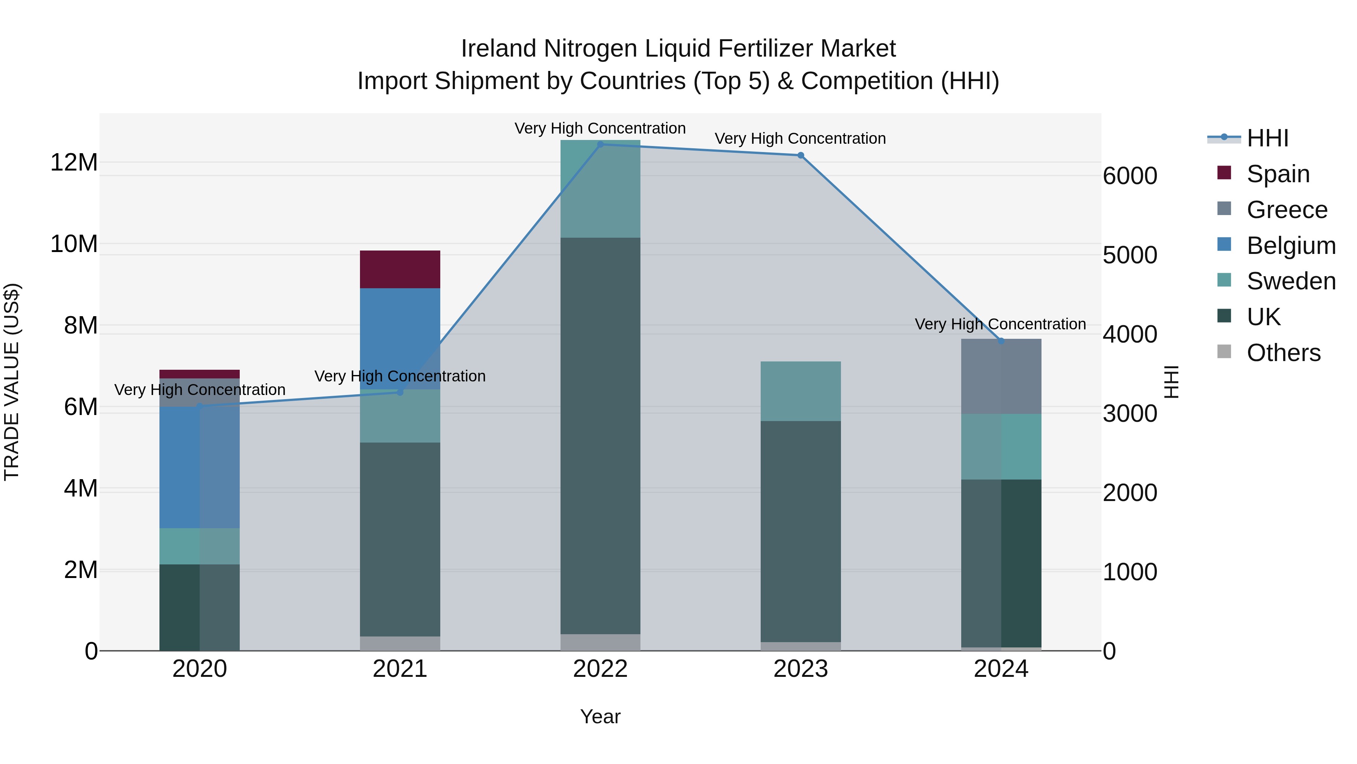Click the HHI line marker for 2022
coord(600,144)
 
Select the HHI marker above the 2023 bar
coord(800,155)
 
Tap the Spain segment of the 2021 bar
coord(400,269)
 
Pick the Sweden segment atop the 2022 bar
coord(600,189)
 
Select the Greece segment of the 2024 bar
coord(1001,377)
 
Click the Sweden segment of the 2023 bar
coord(800,391)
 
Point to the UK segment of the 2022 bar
coord(600,435)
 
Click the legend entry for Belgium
coord(1291,246)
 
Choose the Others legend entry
coord(1283,353)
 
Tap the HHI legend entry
coord(1267,138)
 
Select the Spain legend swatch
coord(1224,173)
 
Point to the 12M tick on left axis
coord(74,162)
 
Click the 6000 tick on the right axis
coord(1130,176)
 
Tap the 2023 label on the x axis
coord(800,669)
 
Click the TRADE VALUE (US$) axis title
coord(12,382)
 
